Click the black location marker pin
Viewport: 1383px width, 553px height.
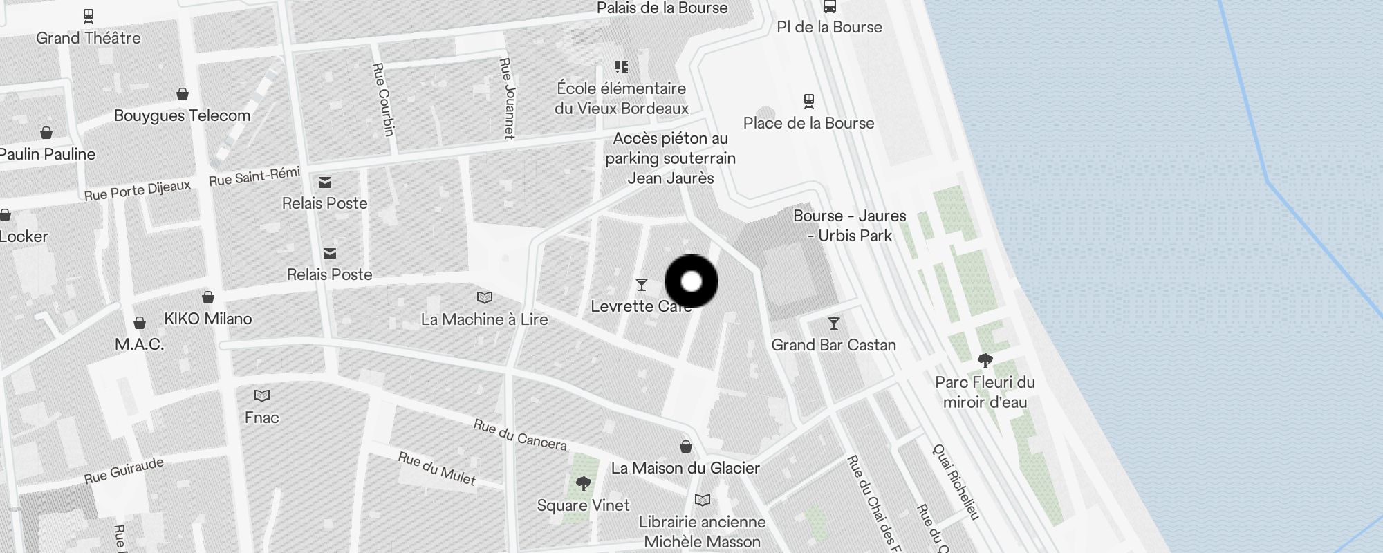click(691, 281)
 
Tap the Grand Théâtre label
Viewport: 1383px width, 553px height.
click(88, 38)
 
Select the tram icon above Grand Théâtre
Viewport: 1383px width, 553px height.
click(88, 15)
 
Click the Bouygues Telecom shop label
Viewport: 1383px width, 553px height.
click(182, 115)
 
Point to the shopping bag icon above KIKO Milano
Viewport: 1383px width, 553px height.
click(208, 297)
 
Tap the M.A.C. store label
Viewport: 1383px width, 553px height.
click(139, 344)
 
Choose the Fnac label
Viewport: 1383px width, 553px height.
click(261, 418)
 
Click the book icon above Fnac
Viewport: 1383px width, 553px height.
click(261, 395)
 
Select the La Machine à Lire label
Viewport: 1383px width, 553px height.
click(484, 319)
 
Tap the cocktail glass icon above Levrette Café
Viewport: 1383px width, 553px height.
click(642, 284)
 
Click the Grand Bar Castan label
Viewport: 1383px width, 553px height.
click(833, 345)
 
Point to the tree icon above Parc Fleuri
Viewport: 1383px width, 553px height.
click(985, 360)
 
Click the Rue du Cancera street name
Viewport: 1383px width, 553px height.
click(520, 434)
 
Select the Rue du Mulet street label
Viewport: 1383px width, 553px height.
click(437, 468)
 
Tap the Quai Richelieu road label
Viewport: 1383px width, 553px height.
click(956, 482)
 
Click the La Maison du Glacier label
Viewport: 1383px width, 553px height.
click(685, 468)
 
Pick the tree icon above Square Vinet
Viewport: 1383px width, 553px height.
click(584, 484)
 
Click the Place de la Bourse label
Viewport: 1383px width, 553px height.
click(808, 123)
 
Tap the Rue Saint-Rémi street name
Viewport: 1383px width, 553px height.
click(254, 176)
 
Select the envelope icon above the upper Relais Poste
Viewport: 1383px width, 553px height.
click(325, 182)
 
